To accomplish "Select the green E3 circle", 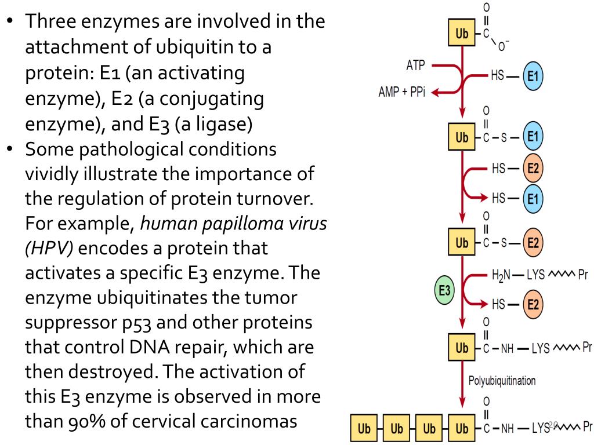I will (x=445, y=291).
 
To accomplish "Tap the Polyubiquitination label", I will (x=503, y=382).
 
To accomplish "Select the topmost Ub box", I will (x=462, y=35).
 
